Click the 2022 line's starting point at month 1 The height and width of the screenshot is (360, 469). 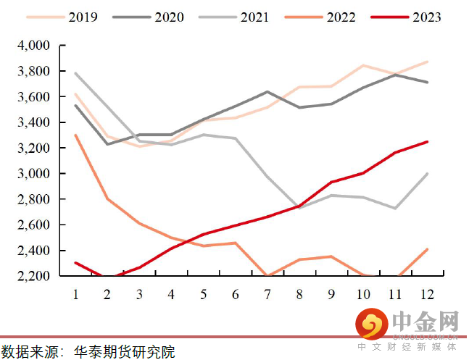75,135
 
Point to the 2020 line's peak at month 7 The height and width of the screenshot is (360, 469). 267,92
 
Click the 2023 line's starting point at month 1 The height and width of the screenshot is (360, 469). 75,263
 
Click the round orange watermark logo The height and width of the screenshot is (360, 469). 371,325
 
